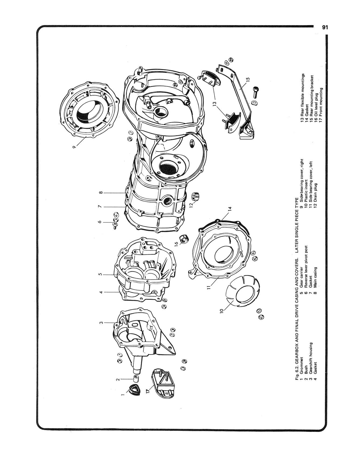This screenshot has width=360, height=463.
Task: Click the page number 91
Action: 324,28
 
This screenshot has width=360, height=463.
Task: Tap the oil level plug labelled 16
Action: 185,239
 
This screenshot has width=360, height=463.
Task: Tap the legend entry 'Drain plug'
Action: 315,191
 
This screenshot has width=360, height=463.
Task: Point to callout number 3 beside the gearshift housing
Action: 101,323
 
